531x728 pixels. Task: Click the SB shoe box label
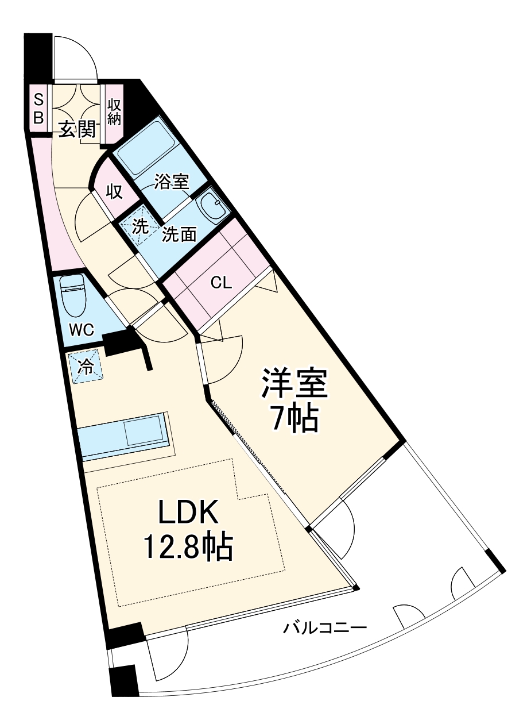(38, 109)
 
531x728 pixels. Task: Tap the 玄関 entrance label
(77, 129)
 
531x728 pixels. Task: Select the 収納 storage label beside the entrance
(114, 112)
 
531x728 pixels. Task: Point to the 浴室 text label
(171, 182)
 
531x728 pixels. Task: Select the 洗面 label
(180, 234)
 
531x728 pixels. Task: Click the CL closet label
(221, 283)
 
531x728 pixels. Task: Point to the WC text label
(83, 330)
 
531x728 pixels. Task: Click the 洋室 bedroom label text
(294, 383)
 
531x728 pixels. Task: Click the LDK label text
(188, 511)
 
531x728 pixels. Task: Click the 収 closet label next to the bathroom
(115, 192)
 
